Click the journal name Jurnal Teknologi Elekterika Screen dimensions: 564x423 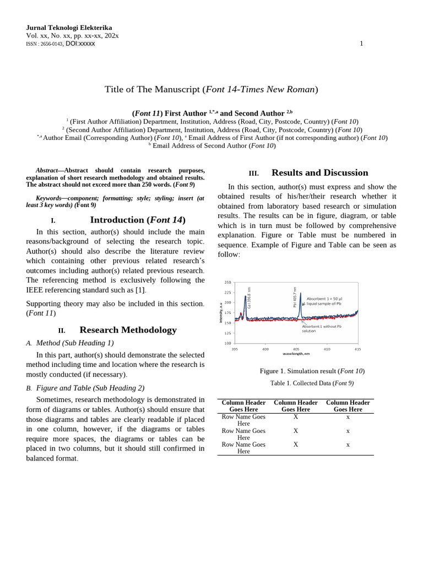click(69, 28)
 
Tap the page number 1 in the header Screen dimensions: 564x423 click(361, 44)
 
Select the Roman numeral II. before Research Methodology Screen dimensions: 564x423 click(62, 330)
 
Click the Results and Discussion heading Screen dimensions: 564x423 click(319, 172)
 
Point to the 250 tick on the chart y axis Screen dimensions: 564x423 click(227, 283)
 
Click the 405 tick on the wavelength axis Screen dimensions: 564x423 click(296, 349)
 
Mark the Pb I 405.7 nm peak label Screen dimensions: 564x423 click(295, 297)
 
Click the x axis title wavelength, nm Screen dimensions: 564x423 click(296, 354)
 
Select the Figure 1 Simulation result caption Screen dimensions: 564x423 click(312, 371)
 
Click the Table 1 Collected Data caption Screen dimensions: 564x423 click(312, 383)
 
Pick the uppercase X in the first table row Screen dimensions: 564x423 click(296, 417)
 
